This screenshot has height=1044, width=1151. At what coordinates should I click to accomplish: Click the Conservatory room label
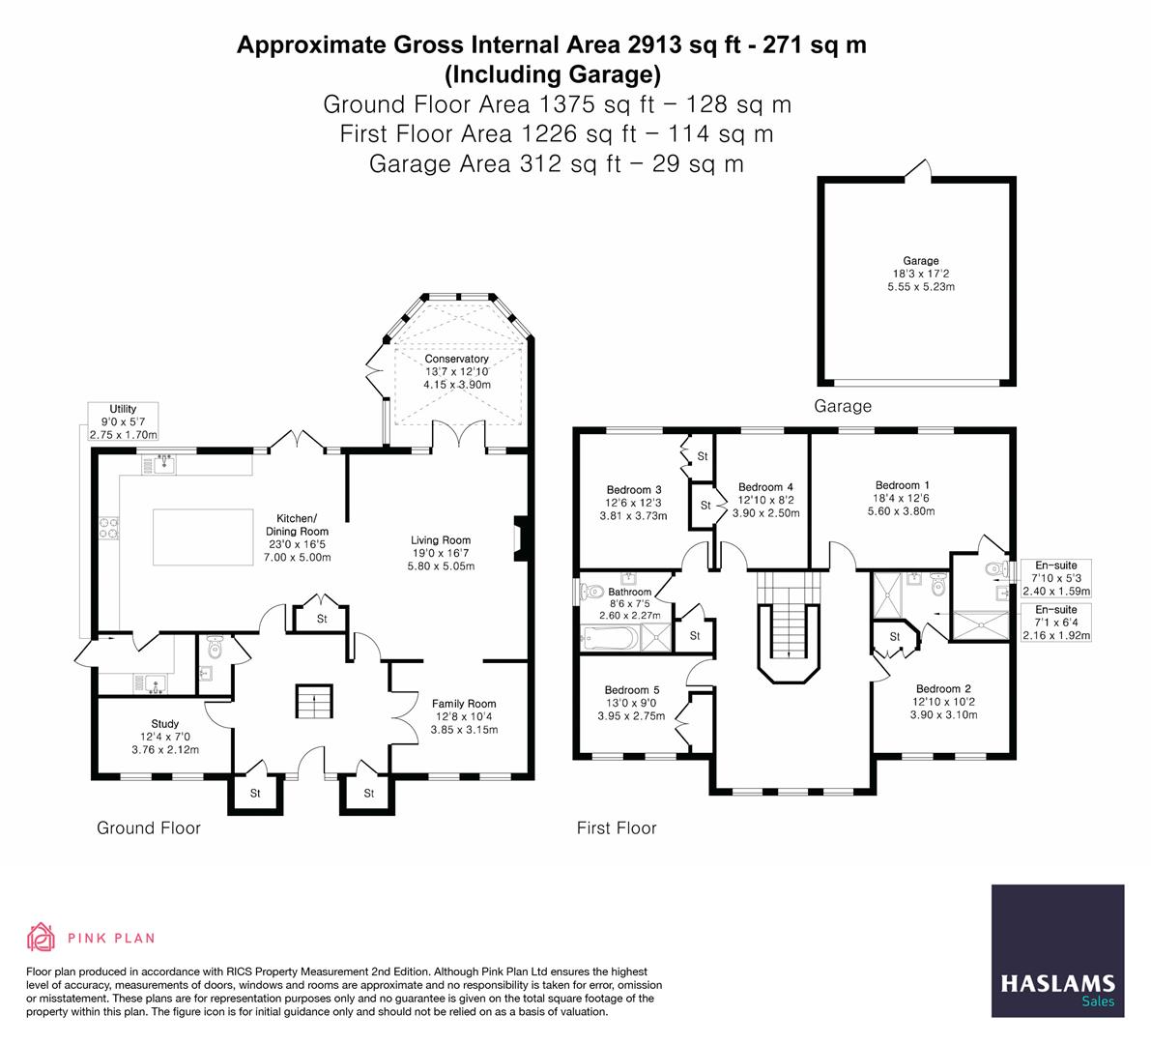(456, 359)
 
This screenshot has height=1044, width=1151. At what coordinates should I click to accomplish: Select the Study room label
(165, 724)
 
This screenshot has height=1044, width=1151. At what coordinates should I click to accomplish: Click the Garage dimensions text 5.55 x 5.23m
(921, 287)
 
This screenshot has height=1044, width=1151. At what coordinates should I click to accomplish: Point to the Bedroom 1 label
(903, 485)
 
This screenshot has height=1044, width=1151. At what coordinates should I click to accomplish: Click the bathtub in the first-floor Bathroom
(609, 637)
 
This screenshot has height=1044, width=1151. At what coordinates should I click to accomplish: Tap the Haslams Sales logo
(1058, 951)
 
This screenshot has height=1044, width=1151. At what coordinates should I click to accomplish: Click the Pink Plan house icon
(41, 937)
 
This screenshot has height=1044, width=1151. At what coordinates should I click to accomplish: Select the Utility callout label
(124, 422)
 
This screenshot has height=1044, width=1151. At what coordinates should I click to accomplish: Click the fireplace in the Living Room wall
(519, 539)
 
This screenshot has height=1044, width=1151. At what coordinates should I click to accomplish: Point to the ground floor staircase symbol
(315, 701)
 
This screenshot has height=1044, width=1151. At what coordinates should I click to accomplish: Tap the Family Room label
(464, 704)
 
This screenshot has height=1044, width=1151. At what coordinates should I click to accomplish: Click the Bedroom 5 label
(632, 690)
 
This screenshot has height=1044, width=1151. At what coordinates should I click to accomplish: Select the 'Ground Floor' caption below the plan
(148, 828)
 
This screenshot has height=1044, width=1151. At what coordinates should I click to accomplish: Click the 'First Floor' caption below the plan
(617, 828)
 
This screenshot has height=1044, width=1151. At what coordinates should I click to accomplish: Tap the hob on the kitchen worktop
(108, 527)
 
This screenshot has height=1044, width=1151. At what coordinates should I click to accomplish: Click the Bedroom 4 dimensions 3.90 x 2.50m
(765, 513)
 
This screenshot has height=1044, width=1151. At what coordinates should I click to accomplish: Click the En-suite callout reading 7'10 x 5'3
(1056, 578)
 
